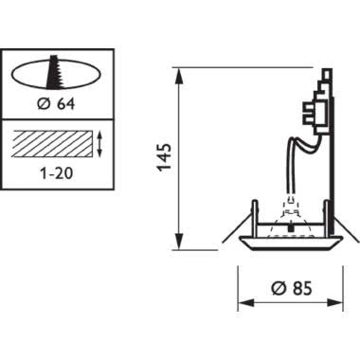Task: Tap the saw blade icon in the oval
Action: tap(57, 72)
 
